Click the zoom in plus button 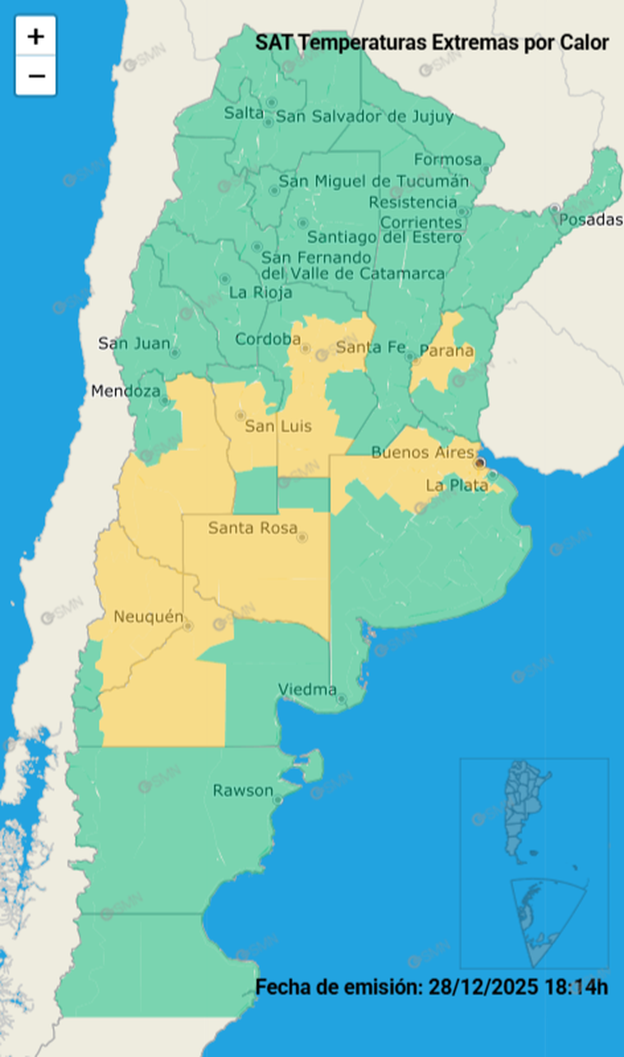(35, 36)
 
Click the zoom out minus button (35, 76)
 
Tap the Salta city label (243, 114)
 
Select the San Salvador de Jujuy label (365, 117)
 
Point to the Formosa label (447, 159)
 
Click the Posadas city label (590, 220)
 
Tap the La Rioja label (255, 291)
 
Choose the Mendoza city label (126, 391)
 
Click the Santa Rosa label (252, 528)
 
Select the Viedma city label (307, 689)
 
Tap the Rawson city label (243, 791)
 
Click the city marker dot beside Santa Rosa (302, 538)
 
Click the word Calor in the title (585, 42)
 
